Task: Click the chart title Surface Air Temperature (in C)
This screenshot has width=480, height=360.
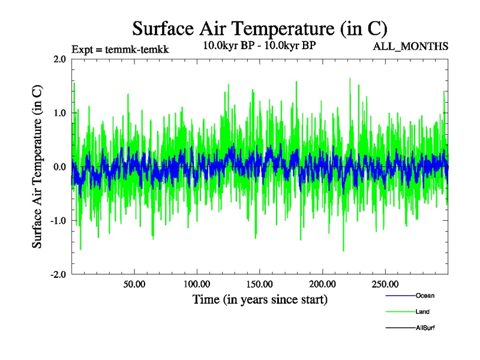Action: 260,28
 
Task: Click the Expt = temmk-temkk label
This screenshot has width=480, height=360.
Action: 120,50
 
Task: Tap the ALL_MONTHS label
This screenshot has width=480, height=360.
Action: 412,46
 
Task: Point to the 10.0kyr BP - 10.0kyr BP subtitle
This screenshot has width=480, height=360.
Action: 260,46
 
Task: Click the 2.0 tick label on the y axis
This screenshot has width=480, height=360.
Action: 59,59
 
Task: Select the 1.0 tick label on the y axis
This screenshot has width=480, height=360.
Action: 59,113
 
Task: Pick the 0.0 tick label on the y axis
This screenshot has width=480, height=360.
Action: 59,167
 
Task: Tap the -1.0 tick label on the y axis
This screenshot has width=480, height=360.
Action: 58,221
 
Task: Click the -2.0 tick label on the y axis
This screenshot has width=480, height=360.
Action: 58,275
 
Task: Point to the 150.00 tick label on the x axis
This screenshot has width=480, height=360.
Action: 260,284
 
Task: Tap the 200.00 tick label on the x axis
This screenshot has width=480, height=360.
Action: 322,284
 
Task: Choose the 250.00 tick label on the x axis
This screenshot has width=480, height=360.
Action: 385,284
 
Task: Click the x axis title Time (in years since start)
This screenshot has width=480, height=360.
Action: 260,299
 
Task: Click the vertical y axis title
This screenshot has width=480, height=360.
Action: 37,167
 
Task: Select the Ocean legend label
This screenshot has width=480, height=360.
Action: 425,295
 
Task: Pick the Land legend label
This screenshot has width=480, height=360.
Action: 422,311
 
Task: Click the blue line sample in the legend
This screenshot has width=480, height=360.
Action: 400,295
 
